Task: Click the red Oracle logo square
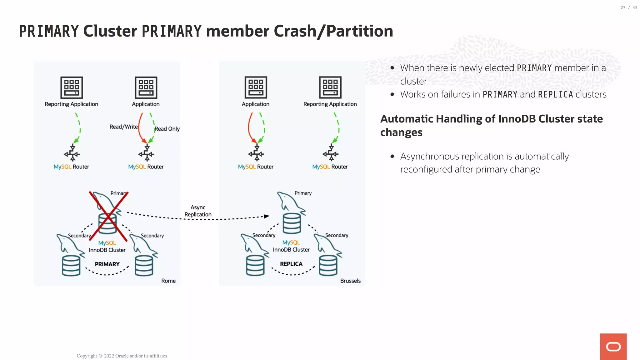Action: coord(613,346)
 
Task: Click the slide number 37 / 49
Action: coord(629,7)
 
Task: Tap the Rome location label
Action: coord(168,281)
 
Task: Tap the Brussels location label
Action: coord(350,281)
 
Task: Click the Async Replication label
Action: coord(198,211)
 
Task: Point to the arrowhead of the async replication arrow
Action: coord(266,216)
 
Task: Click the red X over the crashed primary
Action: coord(108,216)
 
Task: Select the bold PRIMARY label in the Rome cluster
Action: coord(107,264)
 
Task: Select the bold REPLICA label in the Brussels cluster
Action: coord(291,264)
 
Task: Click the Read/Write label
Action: coord(123,127)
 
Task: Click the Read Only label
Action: coord(167,129)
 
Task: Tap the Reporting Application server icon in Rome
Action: coord(72,87)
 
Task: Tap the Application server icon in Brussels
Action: coord(256,87)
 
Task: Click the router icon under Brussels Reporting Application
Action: coord(331,153)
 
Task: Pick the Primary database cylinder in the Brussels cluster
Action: coord(292,223)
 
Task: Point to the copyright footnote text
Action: coord(122,356)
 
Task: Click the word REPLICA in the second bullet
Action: coord(555,94)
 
